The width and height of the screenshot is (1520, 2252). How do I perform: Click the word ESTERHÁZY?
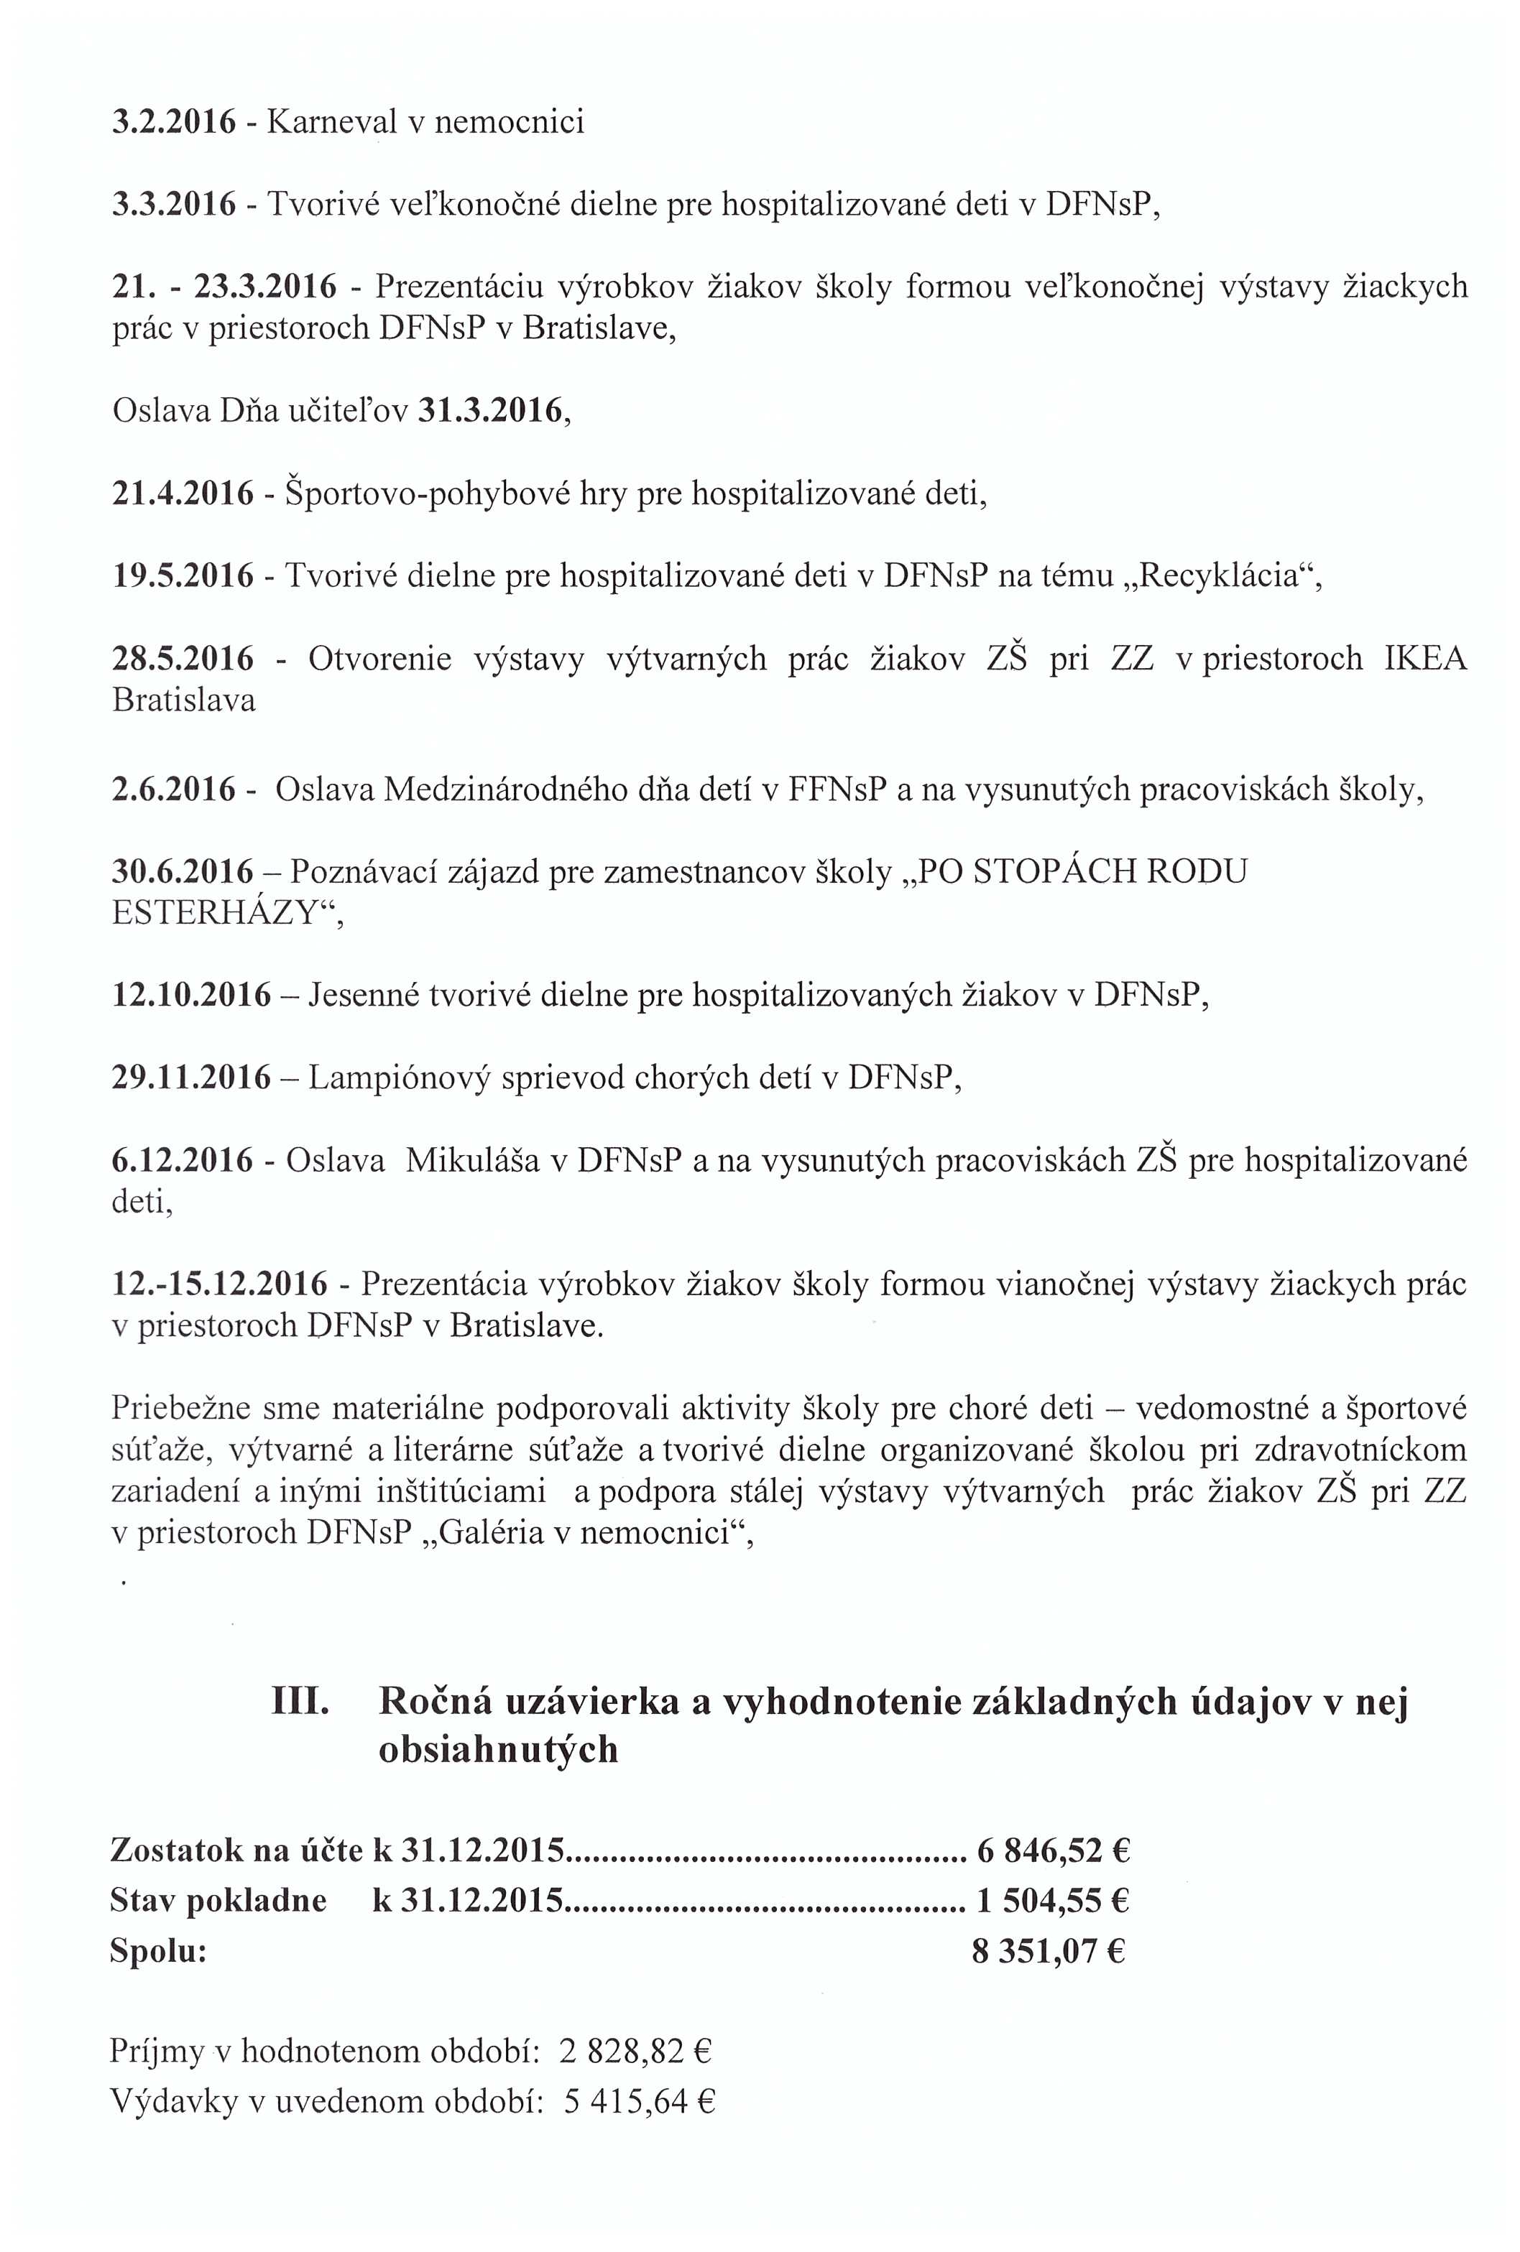215,914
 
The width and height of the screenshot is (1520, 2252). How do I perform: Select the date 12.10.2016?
192,995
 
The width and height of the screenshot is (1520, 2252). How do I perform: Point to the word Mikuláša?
472,1160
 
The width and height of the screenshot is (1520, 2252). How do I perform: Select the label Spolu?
159,1950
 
